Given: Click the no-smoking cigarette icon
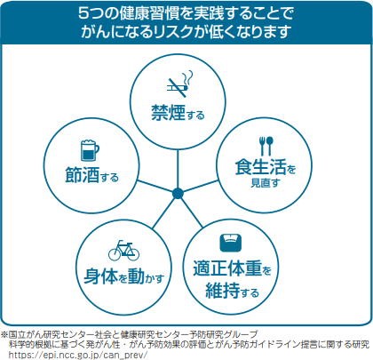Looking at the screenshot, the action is coord(180,84).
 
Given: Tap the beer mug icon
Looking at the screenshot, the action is coord(90,150).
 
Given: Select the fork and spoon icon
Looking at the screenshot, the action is coord(266,146).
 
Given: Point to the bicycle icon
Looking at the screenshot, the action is coord(123,251).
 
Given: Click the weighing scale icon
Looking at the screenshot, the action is coord(231,243).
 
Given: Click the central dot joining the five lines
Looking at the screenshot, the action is coord(178,194).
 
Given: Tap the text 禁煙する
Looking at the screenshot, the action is coord(178,113).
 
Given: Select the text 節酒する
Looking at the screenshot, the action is coord(91,175).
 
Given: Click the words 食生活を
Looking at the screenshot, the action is coord(266,167).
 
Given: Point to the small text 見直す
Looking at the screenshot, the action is coord(266,183).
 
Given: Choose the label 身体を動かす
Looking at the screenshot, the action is coord(124,276).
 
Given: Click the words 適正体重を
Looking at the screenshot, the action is coord(232,268).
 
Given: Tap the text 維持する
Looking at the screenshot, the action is coord(233,291).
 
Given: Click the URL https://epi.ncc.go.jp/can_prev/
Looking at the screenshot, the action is coord(78,355).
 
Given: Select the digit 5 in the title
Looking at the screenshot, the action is coord(83,13).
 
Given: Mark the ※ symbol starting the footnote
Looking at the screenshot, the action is coord(4,334).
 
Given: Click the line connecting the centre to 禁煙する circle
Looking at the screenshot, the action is coord(178,169).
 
